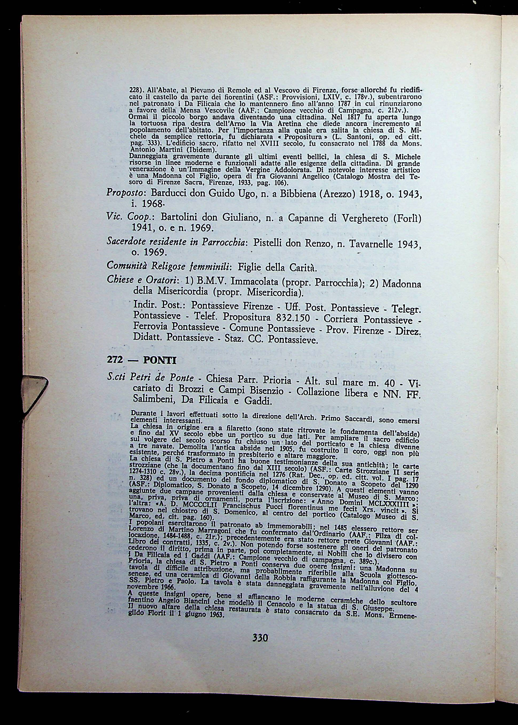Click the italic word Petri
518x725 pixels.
coord(142,378)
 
